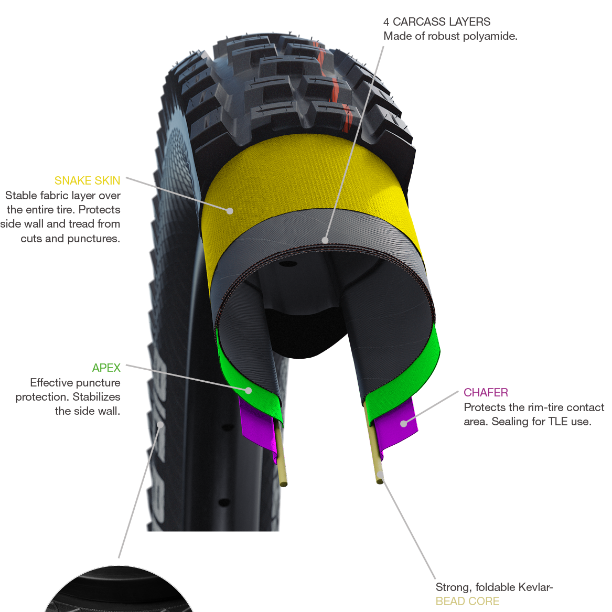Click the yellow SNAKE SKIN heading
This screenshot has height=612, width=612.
[x=87, y=181]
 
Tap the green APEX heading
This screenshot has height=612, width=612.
[x=106, y=368]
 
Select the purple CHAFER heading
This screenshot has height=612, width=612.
[x=486, y=393]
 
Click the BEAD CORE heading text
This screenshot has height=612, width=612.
[x=467, y=602]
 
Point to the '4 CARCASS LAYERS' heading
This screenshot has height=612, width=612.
[x=437, y=22]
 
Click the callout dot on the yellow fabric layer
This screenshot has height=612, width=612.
[x=230, y=211]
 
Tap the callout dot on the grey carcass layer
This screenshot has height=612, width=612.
[x=325, y=241]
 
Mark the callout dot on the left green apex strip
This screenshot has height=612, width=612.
[x=249, y=391]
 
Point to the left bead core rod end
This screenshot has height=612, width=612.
[x=283, y=484]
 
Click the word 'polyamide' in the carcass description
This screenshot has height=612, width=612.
[x=491, y=36]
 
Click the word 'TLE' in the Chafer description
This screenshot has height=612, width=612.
[x=559, y=422]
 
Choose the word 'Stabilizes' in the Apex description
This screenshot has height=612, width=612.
[x=96, y=397]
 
